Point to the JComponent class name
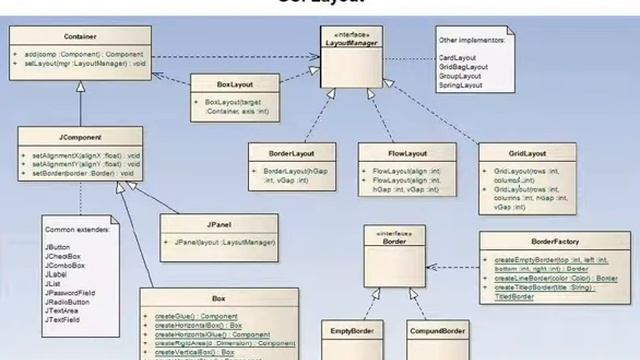pyautogui.click(x=79, y=137)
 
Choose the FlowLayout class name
pyautogui.click(x=407, y=154)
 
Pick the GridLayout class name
pyautogui.click(x=526, y=154)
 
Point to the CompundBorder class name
pyautogui.click(x=437, y=329)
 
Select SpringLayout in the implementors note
pyautogui.click(x=461, y=85)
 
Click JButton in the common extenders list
pyautogui.click(x=58, y=246)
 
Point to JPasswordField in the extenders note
pyautogui.click(x=68, y=291)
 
